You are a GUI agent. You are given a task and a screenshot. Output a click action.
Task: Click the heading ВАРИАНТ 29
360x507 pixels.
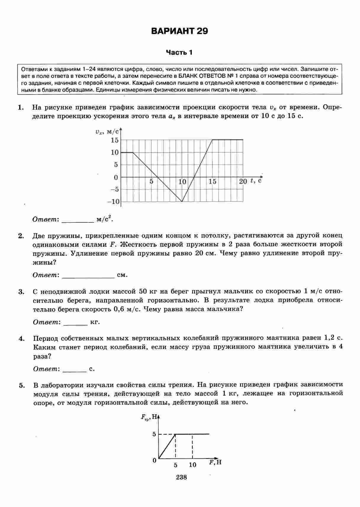coord(179,31)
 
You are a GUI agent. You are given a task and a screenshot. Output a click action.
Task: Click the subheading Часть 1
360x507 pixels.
coord(179,53)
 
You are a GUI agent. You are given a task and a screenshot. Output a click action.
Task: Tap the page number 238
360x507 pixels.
coord(181,477)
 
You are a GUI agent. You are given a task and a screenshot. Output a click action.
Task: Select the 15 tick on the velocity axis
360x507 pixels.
coord(115,140)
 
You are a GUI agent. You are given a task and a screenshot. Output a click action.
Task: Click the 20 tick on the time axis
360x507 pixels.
coord(243,181)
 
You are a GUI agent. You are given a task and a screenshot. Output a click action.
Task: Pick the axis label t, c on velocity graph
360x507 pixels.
coord(256,180)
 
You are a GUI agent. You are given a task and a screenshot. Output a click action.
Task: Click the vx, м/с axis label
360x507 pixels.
coord(107,132)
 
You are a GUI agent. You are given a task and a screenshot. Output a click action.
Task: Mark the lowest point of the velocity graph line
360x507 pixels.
coord(182,201)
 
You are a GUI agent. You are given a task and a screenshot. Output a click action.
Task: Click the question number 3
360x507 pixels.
coord(21,292)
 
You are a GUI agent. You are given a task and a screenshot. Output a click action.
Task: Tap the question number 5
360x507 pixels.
coord(21,385)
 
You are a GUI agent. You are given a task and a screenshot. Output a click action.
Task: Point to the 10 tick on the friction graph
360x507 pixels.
coord(192,465)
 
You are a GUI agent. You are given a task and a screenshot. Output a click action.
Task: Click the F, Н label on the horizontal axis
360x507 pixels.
coord(215,462)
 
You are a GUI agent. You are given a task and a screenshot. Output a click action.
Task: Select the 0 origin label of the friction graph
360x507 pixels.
coord(154,461)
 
